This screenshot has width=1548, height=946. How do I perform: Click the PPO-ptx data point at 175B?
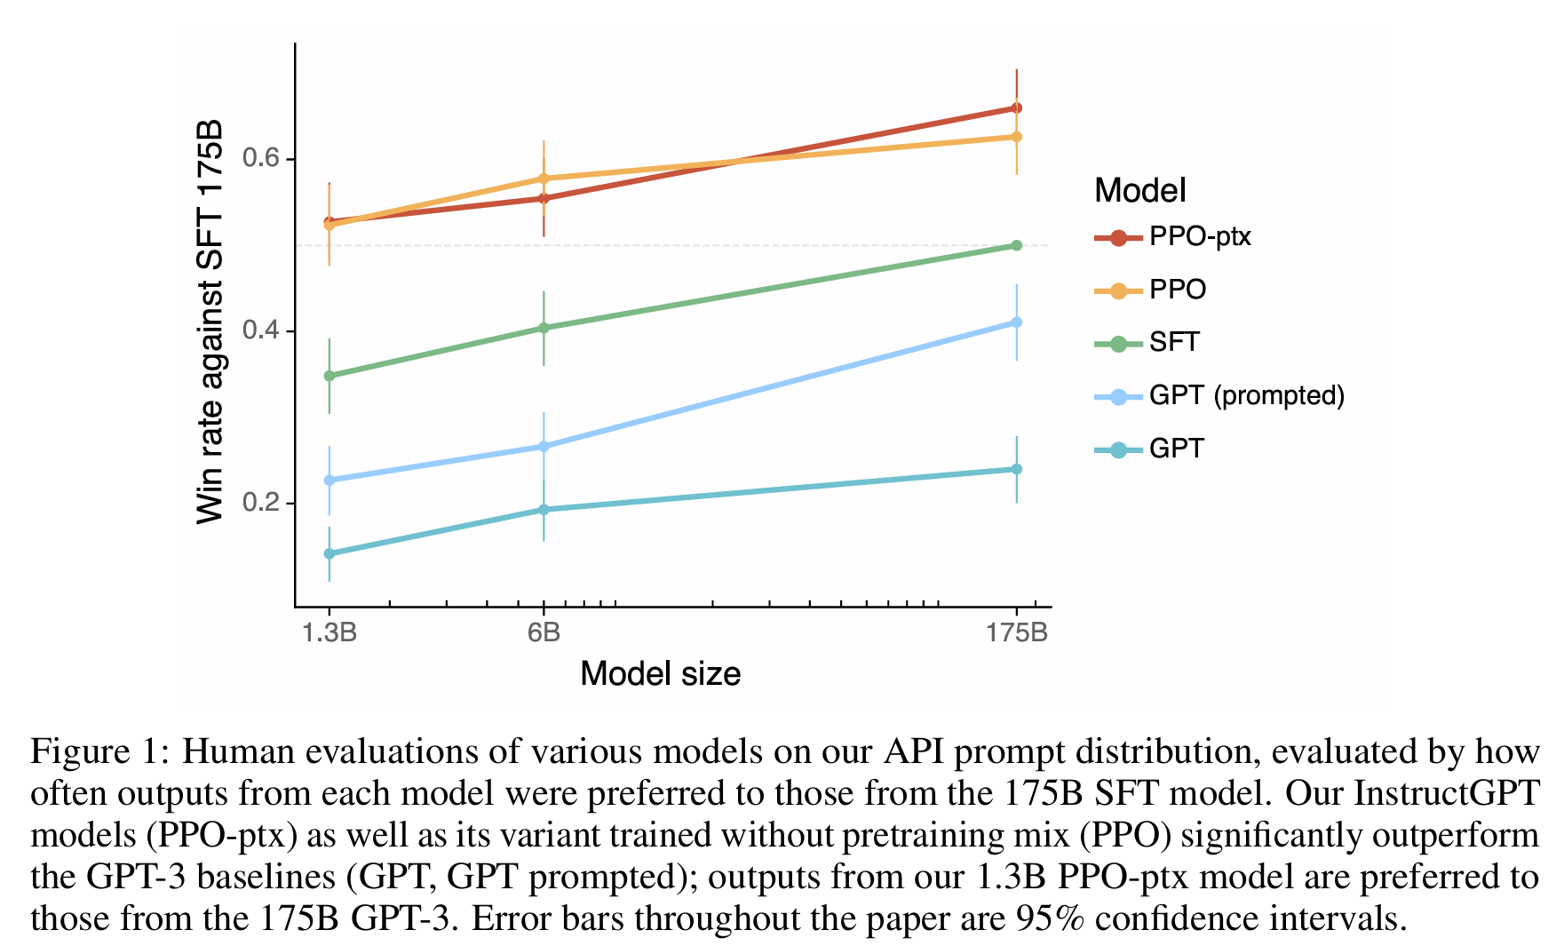coord(1017,108)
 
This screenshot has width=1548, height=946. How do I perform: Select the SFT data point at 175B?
coord(1017,245)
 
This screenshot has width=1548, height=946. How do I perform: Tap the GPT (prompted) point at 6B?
coord(544,446)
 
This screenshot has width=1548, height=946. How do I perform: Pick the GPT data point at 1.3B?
coord(329,553)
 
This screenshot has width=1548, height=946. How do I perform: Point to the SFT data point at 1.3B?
coord(329,376)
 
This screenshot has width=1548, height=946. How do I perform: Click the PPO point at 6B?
coord(544,179)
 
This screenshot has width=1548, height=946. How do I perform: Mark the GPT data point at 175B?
coord(1017,469)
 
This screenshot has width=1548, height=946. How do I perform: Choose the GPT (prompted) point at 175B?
coord(1017,322)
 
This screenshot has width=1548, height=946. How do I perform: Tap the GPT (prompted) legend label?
coord(1246,395)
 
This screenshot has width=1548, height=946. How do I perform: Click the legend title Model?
coord(1139,190)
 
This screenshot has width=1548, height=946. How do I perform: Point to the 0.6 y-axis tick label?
coord(260,159)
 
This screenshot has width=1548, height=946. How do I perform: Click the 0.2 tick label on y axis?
coord(260,503)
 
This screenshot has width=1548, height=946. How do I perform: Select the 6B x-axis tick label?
coord(544,632)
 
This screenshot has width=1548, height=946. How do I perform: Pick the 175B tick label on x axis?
coord(1017,632)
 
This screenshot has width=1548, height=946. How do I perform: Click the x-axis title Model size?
coord(660,673)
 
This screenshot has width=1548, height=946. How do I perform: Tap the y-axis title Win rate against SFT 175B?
coord(210,322)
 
